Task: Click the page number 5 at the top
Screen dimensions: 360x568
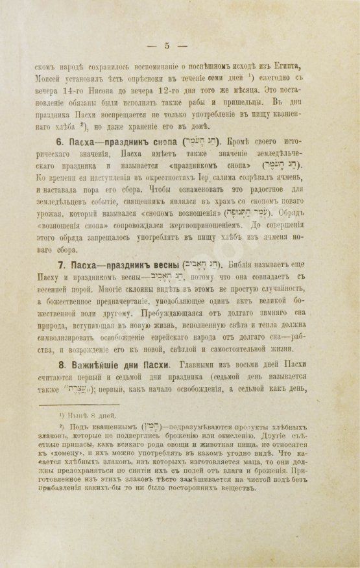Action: point(167,45)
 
